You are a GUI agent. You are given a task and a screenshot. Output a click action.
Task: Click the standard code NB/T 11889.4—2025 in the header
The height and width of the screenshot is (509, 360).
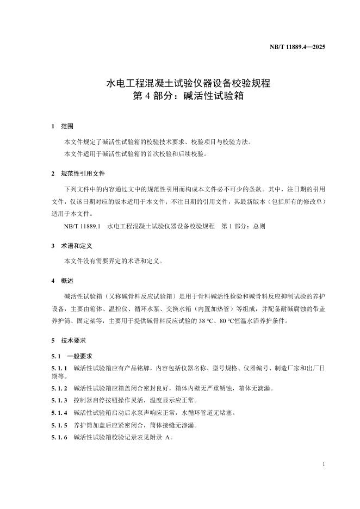(x=297, y=47)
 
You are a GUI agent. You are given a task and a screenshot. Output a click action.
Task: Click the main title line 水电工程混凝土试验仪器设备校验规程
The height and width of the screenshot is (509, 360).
(x=180, y=84)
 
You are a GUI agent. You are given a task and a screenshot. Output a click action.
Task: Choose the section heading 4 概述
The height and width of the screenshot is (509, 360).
(x=62, y=281)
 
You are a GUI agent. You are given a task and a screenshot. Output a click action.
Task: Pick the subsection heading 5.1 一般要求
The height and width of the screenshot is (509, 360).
(x=71, y=356)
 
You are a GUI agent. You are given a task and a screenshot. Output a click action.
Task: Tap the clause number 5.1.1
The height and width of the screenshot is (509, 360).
(x=59, y=369)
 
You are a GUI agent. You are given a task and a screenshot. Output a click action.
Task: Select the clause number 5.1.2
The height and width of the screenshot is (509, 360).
(x=59, y=388)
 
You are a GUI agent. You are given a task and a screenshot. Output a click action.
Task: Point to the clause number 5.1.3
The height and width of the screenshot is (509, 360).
(x=59, y=400)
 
